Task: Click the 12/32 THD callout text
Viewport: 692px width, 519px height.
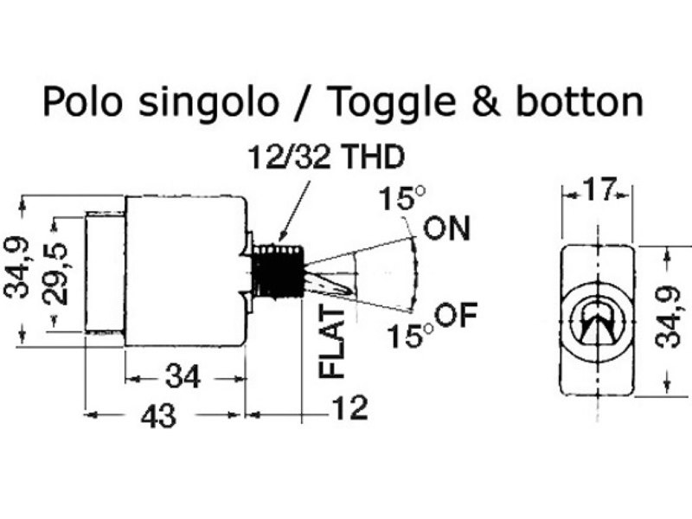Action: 326,157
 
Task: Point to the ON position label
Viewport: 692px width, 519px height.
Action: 446,228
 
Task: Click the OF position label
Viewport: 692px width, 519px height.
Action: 457,315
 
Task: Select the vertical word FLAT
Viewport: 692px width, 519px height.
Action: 331,343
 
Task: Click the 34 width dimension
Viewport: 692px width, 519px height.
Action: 183,377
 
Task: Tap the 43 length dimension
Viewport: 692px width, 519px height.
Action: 158,416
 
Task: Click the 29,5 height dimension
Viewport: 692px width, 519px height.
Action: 55,273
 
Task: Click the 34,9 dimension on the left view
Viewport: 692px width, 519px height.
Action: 16,268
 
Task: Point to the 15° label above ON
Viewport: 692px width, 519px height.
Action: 401,198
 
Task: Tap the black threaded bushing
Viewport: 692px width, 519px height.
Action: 277,271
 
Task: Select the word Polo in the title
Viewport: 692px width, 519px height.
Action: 82,102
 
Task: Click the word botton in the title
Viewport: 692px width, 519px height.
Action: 579,102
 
